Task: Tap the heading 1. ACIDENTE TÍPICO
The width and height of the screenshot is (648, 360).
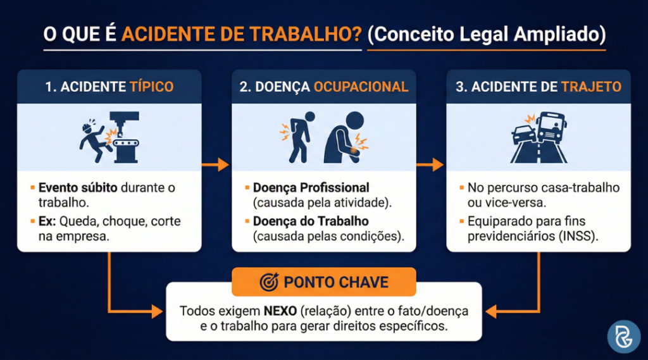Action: tap(109, 87)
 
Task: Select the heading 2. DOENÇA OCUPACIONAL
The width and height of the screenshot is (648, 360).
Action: tap(323, 87)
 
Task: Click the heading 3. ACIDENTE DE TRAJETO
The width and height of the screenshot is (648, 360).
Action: tap(539, 87)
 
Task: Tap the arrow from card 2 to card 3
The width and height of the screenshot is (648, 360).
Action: tap(431, 164)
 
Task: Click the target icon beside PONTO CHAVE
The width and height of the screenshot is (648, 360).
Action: tap(269, 282)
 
